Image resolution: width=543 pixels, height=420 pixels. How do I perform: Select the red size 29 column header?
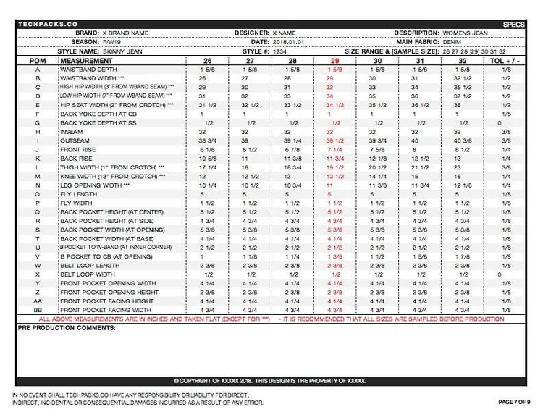pos(334,62)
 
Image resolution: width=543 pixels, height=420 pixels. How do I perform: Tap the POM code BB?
pos(32,310)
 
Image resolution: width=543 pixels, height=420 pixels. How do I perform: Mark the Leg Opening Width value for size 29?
pos(334,185)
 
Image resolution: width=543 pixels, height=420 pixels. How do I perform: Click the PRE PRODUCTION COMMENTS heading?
pos(65,328)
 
